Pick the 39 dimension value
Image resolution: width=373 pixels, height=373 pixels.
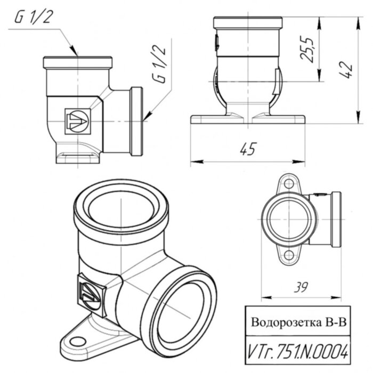tap(302, 288)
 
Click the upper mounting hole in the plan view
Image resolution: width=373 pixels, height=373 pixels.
tap(288, 184)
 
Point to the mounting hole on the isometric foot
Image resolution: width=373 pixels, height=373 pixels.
tap(78, 342)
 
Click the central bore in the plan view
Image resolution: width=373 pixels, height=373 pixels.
tap(288, 220)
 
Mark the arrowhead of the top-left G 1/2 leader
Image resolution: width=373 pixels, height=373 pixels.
tap(76, 54)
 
